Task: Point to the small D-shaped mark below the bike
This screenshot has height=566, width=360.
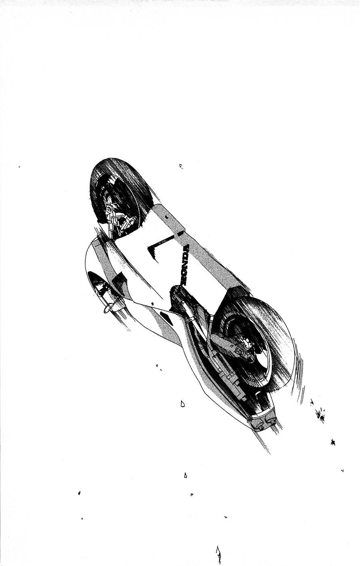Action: pos(183,404)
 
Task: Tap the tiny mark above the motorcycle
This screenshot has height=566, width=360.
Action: pos(181,166)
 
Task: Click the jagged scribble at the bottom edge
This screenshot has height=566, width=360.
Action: pos(218,556)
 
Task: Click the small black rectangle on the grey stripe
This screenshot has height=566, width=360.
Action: pos(179,234)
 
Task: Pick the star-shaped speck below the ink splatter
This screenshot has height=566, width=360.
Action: pos(333,442)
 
